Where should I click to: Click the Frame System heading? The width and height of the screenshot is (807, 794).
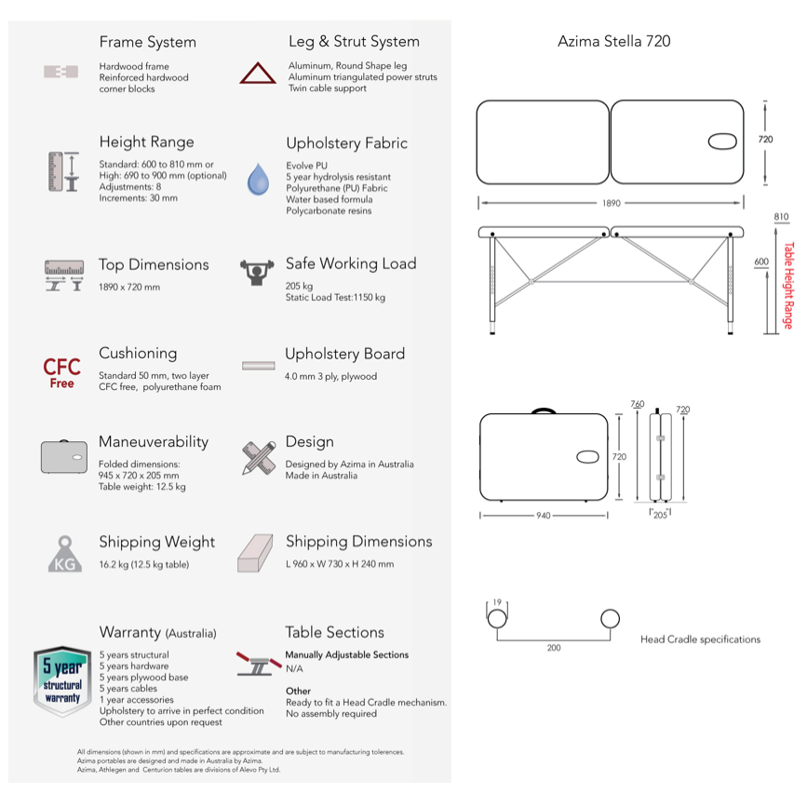(147, 42)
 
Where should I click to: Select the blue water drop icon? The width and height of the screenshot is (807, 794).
(258, 178)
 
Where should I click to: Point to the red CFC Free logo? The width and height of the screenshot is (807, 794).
(62, 371)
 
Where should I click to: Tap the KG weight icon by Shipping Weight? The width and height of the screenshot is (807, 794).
(63, 554)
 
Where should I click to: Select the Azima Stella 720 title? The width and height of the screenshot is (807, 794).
(613, 41)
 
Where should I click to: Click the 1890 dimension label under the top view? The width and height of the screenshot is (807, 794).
(612, 202)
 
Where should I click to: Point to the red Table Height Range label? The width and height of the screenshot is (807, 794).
(787, 286)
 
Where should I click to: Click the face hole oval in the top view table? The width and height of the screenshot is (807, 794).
(723, 141)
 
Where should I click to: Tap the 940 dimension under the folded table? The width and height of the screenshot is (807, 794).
(545, 515)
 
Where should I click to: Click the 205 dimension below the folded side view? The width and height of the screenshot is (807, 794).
(659, 514)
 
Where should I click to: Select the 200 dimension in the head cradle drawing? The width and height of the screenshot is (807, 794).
(554, 648)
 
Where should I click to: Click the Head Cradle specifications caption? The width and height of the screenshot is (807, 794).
(700, 639)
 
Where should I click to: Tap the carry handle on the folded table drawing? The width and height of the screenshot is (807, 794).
(543, 410)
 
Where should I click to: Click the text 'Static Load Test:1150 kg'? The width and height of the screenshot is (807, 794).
(335, 298)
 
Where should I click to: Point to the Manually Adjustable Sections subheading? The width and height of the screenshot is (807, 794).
(346, 654)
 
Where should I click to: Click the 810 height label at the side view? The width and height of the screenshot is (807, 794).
(781, 217)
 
